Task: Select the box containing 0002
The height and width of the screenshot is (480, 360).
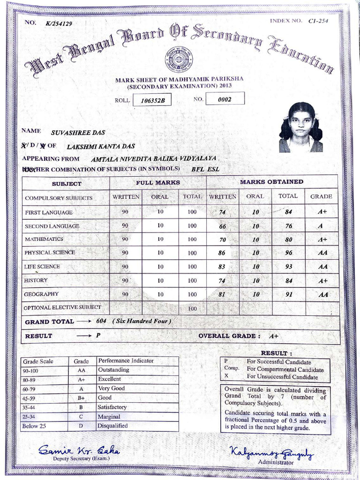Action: coord(225,99)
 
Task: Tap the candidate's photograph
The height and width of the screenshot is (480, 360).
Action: coord(300,127)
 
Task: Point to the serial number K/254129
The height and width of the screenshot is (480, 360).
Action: coord(59,23)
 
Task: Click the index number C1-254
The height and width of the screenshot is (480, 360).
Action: coord(318,21)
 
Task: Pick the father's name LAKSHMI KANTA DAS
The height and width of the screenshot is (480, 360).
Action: coord(101,146)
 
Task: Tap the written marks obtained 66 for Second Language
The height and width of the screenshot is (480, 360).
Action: coord(222,226)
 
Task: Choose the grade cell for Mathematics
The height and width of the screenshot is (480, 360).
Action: coord(322,240)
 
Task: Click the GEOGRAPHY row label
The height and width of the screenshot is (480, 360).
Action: coord(42,294)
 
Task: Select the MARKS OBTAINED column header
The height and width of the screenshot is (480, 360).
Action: coord(271,181)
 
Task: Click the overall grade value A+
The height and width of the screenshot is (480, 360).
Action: coord(274,336)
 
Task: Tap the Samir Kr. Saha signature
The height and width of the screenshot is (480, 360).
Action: coord(79,450)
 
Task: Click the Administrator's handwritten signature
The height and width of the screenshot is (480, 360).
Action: coord(271,453)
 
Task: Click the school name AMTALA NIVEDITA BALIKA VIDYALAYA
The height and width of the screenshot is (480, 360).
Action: coord(153,159)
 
